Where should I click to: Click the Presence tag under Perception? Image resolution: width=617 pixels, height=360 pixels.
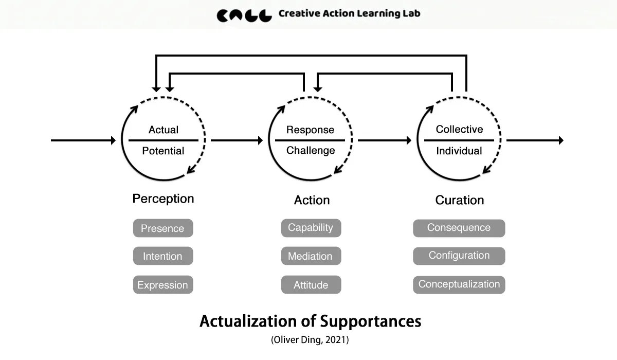[x=162, y=228]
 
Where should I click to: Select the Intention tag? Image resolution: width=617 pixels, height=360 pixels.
[x=162, y=256]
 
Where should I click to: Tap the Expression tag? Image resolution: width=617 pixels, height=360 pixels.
[x=162, y=284]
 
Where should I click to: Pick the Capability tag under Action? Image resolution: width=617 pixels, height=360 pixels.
[x=311, y=228]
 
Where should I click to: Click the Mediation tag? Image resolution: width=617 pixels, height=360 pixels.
[x=311, y=256]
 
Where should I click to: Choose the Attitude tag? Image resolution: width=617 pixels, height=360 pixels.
[x=311, y=284]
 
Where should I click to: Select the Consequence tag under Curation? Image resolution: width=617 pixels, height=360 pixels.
[x=459, y=228]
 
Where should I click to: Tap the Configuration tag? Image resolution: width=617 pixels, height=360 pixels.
[x=459, y=256]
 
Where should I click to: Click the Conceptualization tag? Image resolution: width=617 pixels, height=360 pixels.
[x=459, y=284]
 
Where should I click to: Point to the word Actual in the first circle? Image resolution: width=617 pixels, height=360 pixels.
[x=164, y=130]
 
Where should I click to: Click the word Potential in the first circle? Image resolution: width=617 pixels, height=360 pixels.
[x=163, y=151]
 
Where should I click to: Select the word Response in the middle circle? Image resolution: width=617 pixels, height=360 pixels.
[x=310, y=130]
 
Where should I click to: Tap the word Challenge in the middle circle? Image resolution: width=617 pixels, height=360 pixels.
[x=311, y=151]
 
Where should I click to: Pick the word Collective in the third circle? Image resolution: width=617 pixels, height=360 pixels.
[x=459, y=130]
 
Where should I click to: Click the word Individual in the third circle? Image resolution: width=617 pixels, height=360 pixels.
[x=459, y=151]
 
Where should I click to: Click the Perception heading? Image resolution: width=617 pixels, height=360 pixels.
[x=163, y=199]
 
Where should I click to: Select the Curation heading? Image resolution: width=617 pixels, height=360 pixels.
[x=460, y=200]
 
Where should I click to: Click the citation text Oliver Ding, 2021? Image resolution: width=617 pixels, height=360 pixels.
[x=310, y=340]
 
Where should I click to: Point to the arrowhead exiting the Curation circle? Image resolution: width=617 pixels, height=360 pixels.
[x=560, y=140]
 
